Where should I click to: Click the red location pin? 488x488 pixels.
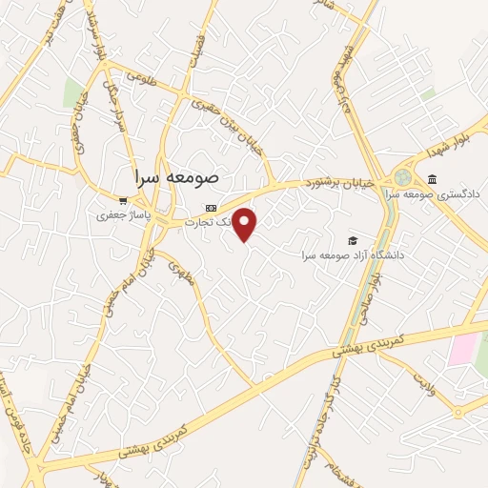pyautogui.click(x=245, y=224)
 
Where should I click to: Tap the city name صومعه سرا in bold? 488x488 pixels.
pyautogui.click(x=177, y=176)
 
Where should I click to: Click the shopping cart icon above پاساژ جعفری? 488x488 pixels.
pyautogui.click(x=123, y=201)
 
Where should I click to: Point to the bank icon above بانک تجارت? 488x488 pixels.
pyautogui.click(x=211, y=208)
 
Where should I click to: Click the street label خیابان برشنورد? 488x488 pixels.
pyautogui.click(x=340, y=180)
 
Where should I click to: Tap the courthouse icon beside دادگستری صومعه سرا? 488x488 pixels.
pyautogui.click(x=433, y=179)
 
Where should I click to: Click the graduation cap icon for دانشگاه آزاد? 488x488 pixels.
pyautogui.click(x=353, y=241)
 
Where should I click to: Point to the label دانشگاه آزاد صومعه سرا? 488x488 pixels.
pyautogui.click(x=353, y=255)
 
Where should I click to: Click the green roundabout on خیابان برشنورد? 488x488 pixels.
pyautogui.click(x=404, y=177)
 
